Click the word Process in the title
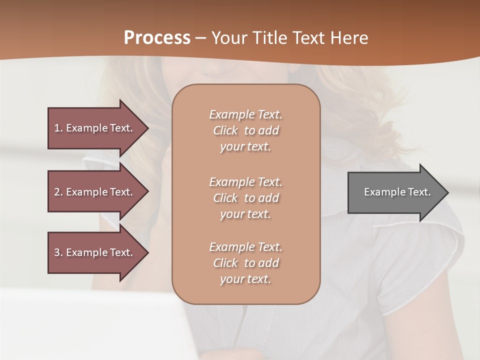pyautogui.click(x=157, y=38)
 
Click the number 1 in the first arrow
pyautogui.click(x=57, y=128)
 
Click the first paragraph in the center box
pyautogui.click(x=245, y=130)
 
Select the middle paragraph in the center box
pyautogui.click(x=245, y=198)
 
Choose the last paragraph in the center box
pyautogui.click(x=245, y=263)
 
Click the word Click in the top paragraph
pyautogui.click(x=225, y=130)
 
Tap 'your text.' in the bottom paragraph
pyautogui.click(x=245, y=279)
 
